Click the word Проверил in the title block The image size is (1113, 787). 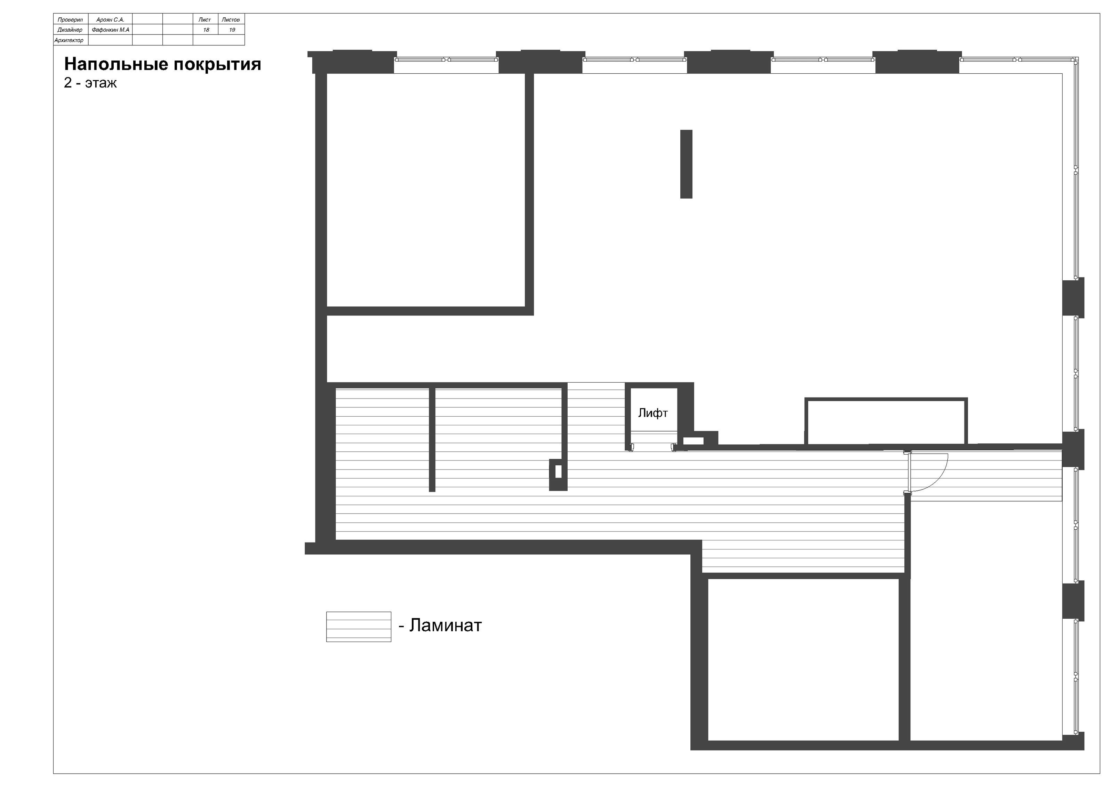tap(70, 20)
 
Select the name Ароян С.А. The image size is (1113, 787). tap(111, 20)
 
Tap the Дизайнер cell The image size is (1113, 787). tap(70, 30)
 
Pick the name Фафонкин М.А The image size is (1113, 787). tap(111, 30)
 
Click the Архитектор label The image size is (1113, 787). tap(69, 40)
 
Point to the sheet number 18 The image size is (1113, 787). tap(206, 30)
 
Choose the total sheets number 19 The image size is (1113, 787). tap(232, 30)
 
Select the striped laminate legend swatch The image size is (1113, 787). tap(359, 627)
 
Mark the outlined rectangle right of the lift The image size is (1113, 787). tap(886, 421)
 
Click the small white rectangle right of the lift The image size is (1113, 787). tap(693, 441)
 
